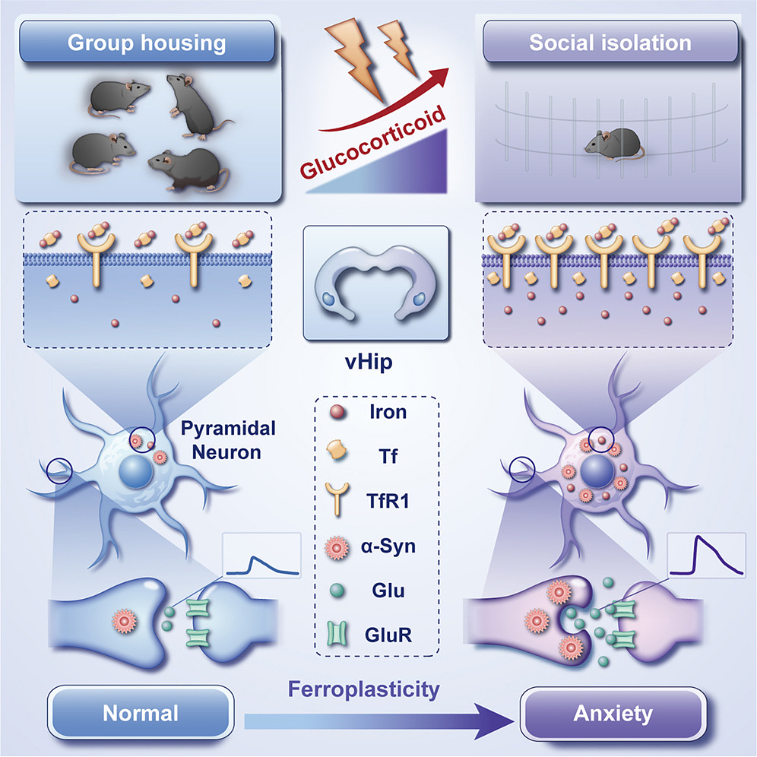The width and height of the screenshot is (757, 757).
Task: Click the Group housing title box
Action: click(x=147, y=41)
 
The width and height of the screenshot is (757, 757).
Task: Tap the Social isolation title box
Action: click(x=610, y=41)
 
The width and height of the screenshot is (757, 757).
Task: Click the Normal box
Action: click(x=141, y=714)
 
